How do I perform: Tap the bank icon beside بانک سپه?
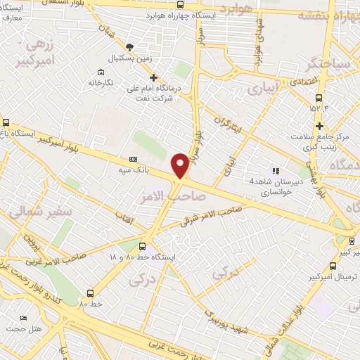point(134,160)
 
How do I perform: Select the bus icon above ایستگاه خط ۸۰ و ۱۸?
point(143,247)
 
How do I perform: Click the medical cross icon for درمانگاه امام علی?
point(155,77)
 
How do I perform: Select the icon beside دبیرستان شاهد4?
point(276,170)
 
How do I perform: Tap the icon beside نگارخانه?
point(101,73)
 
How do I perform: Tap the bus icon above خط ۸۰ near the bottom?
point(90,293)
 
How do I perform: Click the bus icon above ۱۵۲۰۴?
point(320,98)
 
